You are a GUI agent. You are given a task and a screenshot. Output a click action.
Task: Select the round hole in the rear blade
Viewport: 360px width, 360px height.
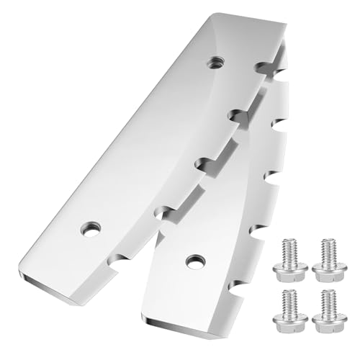pyautogui.click(x=192, y=259)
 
